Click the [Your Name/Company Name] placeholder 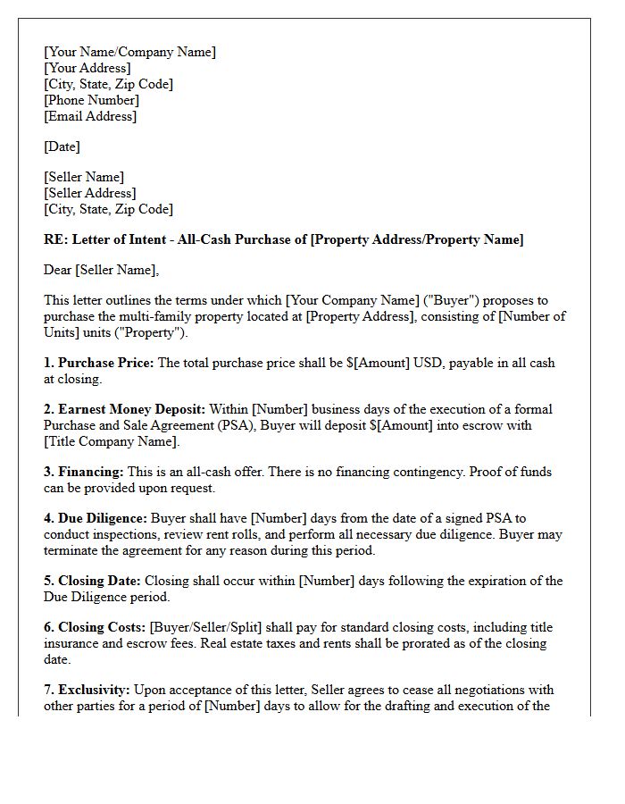point(129,52)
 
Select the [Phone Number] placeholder point(91,100)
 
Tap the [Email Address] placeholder point(90,116)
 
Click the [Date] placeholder point(62,147)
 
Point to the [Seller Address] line point(89,193)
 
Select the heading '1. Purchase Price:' point(98,363)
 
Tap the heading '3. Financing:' point(84,472)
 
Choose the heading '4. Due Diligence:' point(96,518)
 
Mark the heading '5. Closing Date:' point(92,581)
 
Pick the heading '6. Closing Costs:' point(95,627)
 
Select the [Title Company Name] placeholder point(112,441)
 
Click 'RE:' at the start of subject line point(55,239)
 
